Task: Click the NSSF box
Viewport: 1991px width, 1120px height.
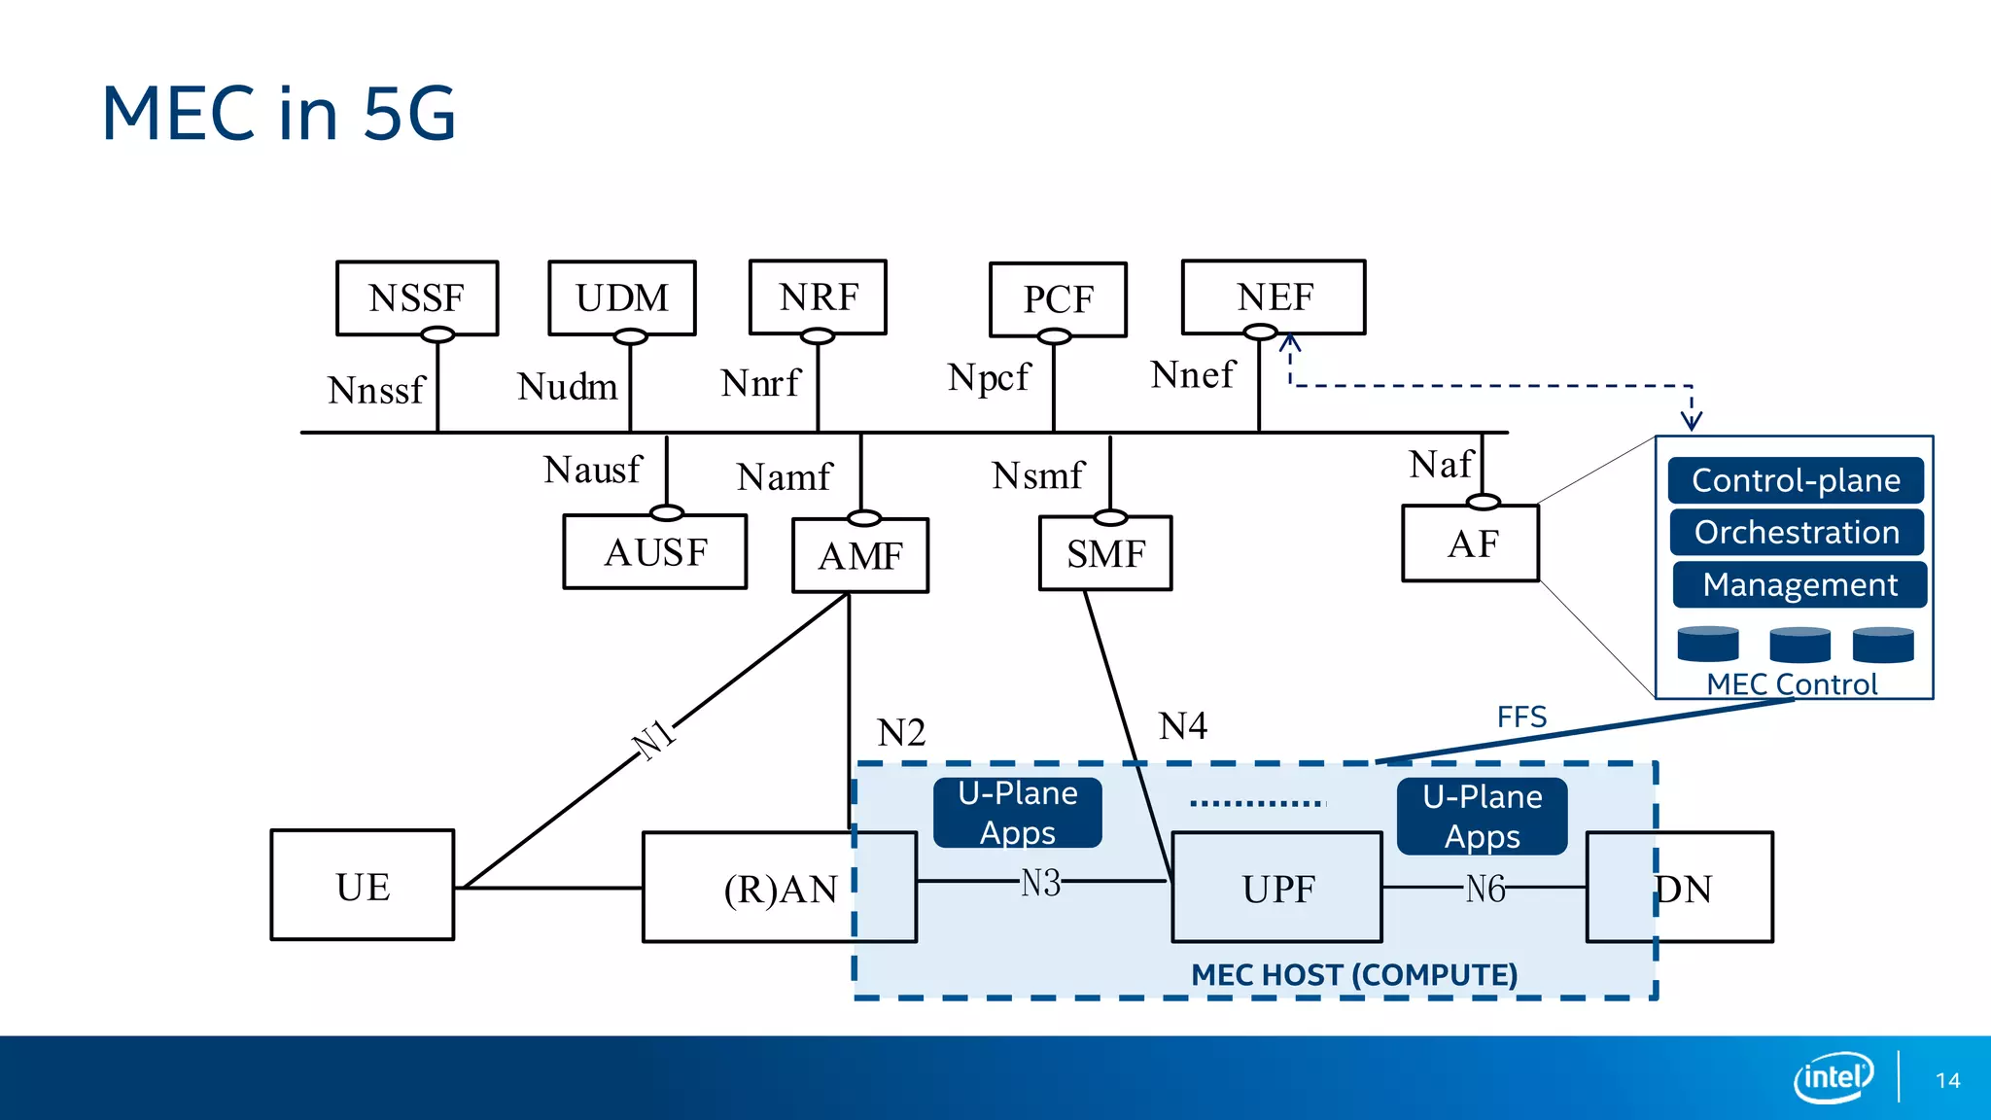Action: [x=417, y=297]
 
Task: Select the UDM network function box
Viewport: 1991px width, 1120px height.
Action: [x=622, y=297]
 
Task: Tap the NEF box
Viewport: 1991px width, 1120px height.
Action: [x=1274, y=297]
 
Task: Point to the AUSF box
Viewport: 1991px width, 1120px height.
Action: [x=655, y=552]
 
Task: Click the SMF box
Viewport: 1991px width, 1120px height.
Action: [x=1105, y=553]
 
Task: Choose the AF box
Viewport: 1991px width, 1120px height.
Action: [x=1471, y=543]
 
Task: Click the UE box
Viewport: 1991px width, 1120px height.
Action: [x=363, y=886]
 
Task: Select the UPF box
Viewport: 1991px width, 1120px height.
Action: [x=1277, y=888]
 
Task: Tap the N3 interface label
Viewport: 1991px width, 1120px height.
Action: [x=1040, y=883]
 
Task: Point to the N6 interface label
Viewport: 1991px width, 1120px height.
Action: [x=1485, y=888]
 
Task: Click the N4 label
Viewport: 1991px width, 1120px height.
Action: [x=1183, y=725]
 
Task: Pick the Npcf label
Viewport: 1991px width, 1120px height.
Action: [x=988, y=377]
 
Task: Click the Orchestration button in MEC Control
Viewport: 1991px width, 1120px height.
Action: [x=1797, y=532]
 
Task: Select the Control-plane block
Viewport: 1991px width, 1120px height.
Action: [x=1796, y=480]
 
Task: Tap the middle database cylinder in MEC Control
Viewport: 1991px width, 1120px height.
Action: [x=1799, y=645]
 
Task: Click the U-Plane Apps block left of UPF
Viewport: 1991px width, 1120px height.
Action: [x=1018, y=813]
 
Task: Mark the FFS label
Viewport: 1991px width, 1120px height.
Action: [x=1521, y=717]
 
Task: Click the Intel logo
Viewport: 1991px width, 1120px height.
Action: [x=1834, y=1077]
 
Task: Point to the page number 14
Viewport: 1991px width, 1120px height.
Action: [x=1947, y=1080]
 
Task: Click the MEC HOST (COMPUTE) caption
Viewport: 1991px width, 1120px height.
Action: [x=1354, y=974]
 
